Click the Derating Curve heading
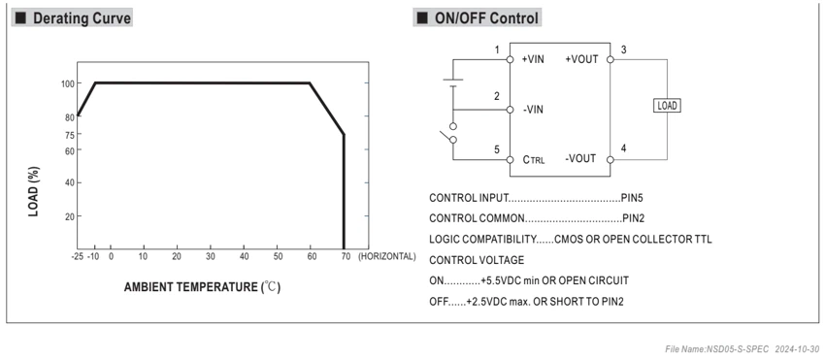click(x=82, y=17)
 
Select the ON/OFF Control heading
click(x=486, y=17)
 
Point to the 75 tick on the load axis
click(x=70, y=134)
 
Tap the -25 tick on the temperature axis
click(x=78, y=256)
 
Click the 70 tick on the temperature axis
click(x=346, y=256)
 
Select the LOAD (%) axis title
click(x=33, y=191)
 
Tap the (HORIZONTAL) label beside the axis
click(x=386, y=256)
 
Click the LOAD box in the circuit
click(x=667, y=105)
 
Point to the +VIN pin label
click(x=533, y=59)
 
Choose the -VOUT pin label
click(x=580, y=158)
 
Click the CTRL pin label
click(x=534, y=159)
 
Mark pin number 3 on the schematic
click(x=623, y=50)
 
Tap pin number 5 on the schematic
click(x=497, y=149)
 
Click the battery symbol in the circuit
click(x=453, y=82)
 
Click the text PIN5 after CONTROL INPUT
click(x=632, y=198)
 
